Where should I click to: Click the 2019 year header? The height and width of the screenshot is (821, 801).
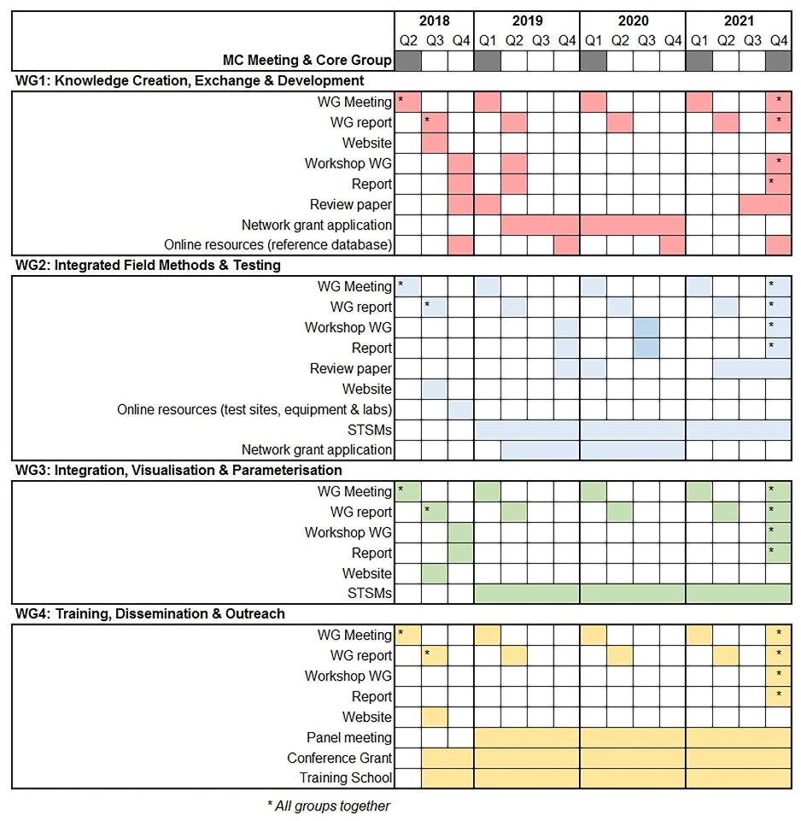(527, 21)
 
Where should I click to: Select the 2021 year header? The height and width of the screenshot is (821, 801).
(739, 21)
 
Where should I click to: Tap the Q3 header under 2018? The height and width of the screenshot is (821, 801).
(435, 40)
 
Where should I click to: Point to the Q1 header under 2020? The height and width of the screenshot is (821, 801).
(593, 40)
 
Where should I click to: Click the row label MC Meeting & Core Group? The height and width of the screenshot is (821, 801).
(307, 61)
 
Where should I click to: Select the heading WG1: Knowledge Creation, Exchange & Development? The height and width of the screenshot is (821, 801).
(190, 81)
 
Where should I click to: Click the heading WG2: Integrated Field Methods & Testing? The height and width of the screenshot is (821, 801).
(148, 266)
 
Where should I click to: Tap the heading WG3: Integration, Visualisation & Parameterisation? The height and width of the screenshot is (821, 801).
(178, 471)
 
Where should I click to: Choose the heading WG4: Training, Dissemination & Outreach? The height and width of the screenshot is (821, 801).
(150, 614)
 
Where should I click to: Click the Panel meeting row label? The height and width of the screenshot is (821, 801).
(349, 737)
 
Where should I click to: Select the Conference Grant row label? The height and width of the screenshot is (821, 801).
(340, 758)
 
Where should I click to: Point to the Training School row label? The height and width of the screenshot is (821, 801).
(346, 778)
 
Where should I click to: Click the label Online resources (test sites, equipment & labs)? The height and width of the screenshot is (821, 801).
(254, 409)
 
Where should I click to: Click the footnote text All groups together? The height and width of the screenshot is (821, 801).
(329, 806)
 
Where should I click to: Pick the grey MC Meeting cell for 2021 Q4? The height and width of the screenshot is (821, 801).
(779, 61)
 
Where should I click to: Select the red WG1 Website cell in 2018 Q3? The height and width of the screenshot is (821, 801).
(435, 143)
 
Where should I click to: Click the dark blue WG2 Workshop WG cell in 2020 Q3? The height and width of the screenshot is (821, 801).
(646, 327)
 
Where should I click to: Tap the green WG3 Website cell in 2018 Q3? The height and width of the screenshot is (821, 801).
(435, 573)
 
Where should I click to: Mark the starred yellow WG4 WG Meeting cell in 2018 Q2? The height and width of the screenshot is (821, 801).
(409, 635)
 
